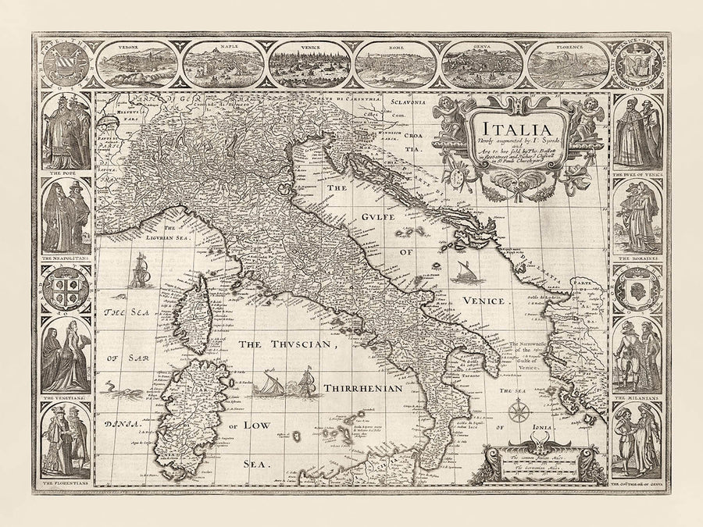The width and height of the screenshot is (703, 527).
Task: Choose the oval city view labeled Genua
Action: (480, 64)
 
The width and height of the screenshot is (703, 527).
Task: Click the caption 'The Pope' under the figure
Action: (65, 174)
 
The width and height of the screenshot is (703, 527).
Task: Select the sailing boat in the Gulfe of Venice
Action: (461, 271)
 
